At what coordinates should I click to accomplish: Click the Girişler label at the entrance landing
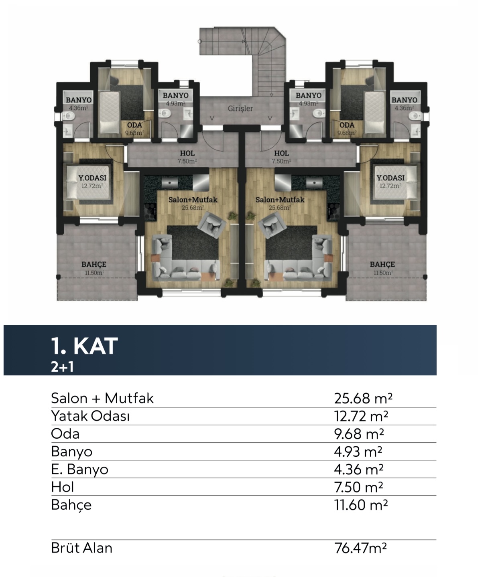240,108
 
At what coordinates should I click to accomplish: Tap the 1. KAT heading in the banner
84,346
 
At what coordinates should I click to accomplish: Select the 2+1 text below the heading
62,367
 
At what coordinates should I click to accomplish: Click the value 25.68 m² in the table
363,398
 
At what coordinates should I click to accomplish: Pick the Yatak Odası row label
90,416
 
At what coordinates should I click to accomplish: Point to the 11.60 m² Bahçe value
361,505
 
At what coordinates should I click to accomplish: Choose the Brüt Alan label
81,548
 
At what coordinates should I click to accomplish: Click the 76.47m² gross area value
360,548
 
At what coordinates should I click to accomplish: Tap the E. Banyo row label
80,469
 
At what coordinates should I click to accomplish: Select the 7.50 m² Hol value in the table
358,487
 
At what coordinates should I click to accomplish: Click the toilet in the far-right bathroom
415,115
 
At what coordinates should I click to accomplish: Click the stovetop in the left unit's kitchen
150,212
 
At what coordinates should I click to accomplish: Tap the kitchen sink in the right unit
314,183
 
